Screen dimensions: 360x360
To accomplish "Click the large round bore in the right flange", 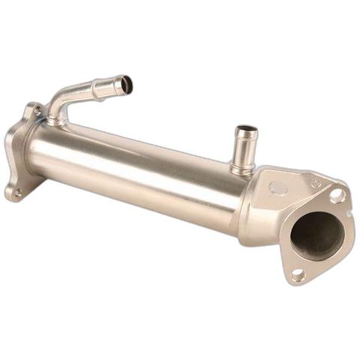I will (316, 235).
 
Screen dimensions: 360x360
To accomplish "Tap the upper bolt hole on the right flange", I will (336, 196).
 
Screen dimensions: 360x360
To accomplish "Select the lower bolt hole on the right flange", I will (298, 275).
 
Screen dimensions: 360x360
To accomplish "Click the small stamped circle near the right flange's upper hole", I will (316, 182).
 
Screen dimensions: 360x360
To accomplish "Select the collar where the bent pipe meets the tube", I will (55, 120).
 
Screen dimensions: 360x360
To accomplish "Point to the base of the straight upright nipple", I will (241, 169).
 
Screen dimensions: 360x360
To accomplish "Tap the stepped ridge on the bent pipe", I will (95, 89).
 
